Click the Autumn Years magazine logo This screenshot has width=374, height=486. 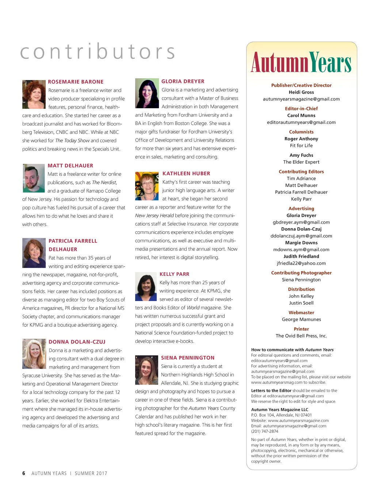tap(301, 62)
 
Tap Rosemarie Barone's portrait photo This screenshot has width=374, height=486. tap(34, 94)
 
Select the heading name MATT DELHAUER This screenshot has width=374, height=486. tap(70, 166)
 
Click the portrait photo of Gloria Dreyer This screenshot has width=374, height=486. tap(147, 93)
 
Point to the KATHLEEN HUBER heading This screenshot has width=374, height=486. tap(186, 174)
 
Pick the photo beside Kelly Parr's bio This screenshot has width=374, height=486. tap(146, 286)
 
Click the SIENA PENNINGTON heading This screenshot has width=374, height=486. tap(188, 358)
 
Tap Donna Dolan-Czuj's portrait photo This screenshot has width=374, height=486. tap(34, 353)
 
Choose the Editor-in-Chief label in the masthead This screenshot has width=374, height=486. tap(301, 109)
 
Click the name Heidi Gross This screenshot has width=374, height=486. tap(301, 92)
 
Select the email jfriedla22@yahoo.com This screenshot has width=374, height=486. tap(301, 263)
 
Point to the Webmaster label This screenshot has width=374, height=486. tap(301, 312)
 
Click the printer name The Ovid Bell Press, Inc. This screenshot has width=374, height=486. tap(301, 336)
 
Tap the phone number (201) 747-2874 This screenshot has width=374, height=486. tap(265, 431)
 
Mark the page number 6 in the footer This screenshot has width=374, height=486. tap(24, 473)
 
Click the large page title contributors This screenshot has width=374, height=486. tap(98, 52)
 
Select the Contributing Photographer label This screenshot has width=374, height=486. tap(301, 273)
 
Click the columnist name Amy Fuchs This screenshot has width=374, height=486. tap(301, 155)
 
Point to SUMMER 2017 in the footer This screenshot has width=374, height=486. tap(91, 473)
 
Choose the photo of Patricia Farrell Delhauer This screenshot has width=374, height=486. tap(34, 253)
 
